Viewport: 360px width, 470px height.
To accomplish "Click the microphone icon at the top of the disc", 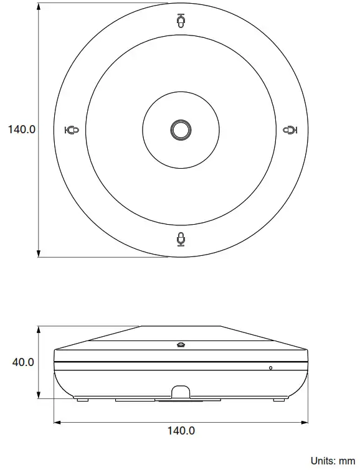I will coord(181,21).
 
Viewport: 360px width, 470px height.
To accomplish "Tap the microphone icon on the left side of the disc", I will coord(72,130).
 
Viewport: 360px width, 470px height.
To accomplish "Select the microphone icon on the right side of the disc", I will coord(290,130).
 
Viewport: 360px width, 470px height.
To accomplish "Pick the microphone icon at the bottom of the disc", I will coord(181,238).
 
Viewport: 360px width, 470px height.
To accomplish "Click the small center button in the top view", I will coord(181,129).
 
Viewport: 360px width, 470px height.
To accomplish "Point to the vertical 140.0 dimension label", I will coord(21,129).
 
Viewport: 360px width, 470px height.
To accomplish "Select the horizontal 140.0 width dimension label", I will coord(181,430).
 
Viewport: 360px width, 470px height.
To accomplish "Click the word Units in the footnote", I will coord(325,461).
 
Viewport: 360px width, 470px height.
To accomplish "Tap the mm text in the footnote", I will coord(346,461).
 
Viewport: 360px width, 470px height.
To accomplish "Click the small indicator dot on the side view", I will coord(270,367).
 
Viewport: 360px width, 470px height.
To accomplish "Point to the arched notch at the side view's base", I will coord(181,392).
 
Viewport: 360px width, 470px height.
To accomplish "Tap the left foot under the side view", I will coord(82,400).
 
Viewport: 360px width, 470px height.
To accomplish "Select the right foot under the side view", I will coord(279,400).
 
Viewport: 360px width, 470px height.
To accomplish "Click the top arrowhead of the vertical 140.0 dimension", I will coord(39,7).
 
